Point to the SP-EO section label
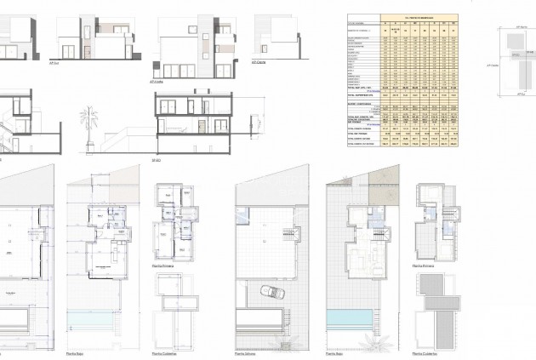156,159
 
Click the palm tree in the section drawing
86,116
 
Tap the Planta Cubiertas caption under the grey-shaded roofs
425,352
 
